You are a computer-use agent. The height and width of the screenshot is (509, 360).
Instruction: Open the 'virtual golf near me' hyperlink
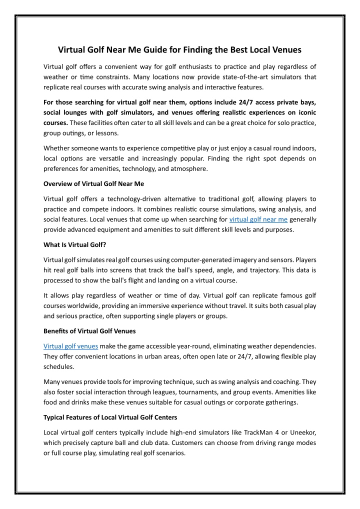click(x=258, y=219)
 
